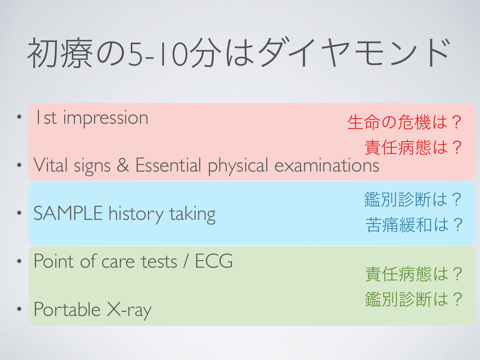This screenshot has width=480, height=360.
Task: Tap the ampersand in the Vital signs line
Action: click(123, 165)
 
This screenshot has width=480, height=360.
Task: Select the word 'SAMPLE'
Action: click(68, 213)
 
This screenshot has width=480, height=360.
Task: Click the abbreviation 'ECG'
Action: click(214, 261)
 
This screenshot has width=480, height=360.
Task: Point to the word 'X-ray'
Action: click(129, 310)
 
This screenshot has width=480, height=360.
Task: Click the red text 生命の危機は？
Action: click(405, 122)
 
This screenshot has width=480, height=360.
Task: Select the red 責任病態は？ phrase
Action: click(413, 147)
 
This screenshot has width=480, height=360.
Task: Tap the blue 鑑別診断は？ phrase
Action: click(413, 199)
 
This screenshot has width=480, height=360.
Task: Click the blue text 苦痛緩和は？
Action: click(413, 225)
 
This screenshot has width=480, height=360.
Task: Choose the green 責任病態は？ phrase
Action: click(413, 274)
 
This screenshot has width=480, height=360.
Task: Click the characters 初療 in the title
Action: click(60, 52)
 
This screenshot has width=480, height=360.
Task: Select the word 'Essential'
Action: click(168, 165)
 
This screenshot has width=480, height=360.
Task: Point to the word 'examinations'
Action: click(327, 165)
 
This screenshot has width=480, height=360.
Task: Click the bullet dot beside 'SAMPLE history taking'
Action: click(19, 212)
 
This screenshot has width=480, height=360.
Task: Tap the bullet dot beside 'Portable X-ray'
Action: click(19, 308)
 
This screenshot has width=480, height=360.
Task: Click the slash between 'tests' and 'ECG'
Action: click(186, 261)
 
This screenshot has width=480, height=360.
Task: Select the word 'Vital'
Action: click(50, 165)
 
